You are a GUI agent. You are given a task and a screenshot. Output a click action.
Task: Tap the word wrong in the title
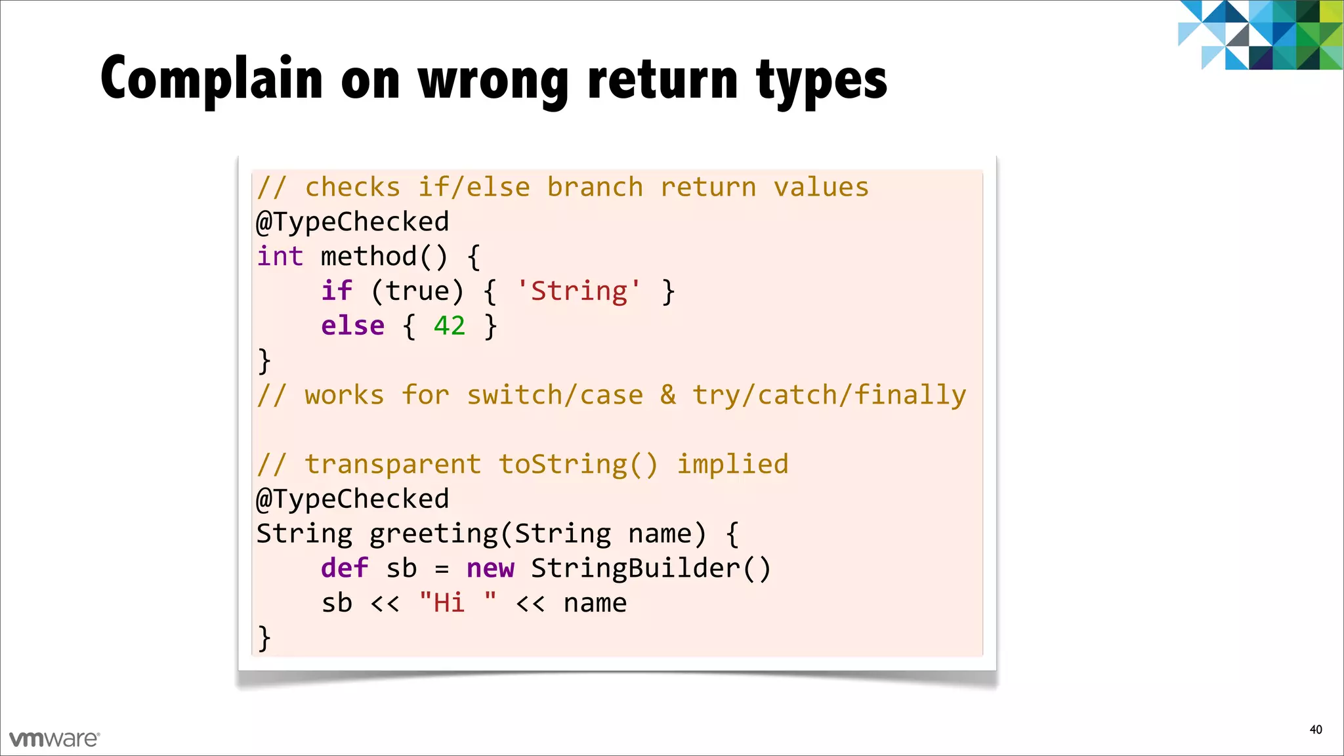coord(493,81)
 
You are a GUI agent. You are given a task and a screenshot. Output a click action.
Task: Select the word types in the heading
coord(821,81)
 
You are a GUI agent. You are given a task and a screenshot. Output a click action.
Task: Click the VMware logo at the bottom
coord(54,739)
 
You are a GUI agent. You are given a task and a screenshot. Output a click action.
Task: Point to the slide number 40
coord(1315,730)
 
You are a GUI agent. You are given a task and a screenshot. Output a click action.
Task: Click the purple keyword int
coord(280,257)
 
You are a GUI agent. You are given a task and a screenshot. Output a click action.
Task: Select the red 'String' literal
coord(578,291)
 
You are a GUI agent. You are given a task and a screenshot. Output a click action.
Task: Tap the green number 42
coord(450,326)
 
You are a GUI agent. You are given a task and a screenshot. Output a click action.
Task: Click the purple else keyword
coord(352,326)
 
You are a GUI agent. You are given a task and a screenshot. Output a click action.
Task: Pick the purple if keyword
coord(337,291)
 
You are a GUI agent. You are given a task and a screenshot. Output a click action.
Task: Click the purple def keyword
coord(345,568)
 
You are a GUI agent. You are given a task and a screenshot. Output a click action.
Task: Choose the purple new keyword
coord(490,568)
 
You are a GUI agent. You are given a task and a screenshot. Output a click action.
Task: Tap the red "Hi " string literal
coord(457,603)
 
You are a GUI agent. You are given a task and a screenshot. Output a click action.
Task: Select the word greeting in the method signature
coord(434,534)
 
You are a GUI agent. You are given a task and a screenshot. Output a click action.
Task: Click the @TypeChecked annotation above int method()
coord(352,222)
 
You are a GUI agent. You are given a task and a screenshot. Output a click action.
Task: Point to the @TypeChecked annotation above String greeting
coord(352,499)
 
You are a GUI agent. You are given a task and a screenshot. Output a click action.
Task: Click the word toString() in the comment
coord(577,465)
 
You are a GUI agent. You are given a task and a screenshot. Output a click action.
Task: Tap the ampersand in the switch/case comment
coord(668,395)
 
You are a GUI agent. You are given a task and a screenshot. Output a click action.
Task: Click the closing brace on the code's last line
coord(264,638)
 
